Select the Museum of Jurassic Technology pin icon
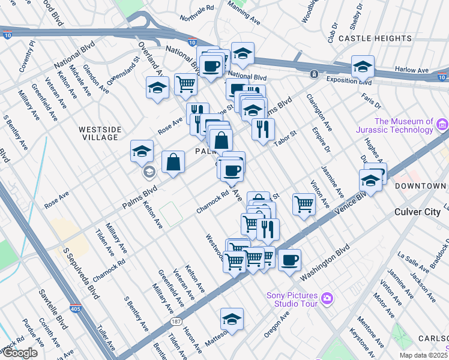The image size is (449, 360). [443, 125]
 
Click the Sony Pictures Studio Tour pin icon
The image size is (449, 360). [327, 297]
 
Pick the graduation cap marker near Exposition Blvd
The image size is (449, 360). [363, 67]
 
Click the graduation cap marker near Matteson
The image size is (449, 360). [232, 319]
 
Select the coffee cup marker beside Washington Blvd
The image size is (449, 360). [289, 260]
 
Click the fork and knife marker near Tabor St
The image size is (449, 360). [263, 130]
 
